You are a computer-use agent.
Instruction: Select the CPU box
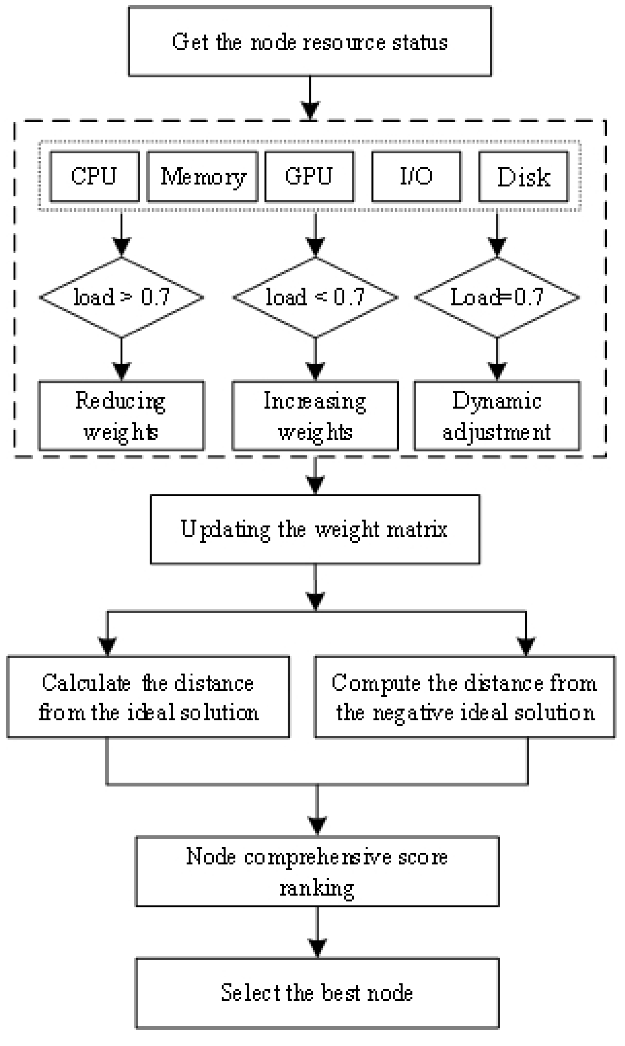click(x=94, y=176)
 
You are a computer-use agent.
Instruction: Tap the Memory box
click(x=202, y=176)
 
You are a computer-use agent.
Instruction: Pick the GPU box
click(x=309, y=176)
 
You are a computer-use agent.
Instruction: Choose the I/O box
click(x=416, y=176)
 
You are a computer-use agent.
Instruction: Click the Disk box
click(x=524, y=176)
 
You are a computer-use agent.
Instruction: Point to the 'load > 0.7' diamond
click(x=121, y=297)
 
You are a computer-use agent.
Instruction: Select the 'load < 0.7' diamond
click(x=315, y=297)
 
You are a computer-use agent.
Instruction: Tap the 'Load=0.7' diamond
click(x=497, y=297)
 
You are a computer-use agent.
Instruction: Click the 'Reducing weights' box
click(x=121, y=416)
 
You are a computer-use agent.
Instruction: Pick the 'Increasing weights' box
click(x=315, y=416)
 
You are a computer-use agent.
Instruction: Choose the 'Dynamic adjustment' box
click(x=497, y=416)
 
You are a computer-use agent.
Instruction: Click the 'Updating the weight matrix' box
click(x=315, y=529)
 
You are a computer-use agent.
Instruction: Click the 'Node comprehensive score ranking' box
click(x=317, y=872)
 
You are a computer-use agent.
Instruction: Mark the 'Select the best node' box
click(x=317, y=993)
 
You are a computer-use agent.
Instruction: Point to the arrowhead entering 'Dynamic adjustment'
click(x=497, y=371)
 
